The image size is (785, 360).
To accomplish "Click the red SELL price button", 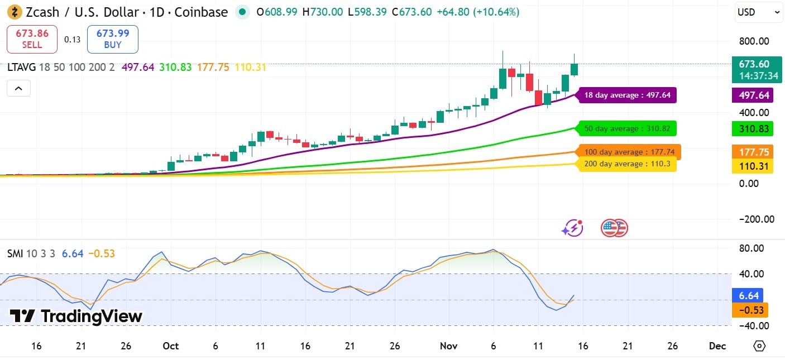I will pyautogui.click(x=32, y=39).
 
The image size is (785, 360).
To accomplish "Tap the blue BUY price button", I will pyautogui.click(x=112, y=39).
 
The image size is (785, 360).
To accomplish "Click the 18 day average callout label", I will pyautogui.click(x=627, y=95).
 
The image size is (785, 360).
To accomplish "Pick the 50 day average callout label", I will pyautogui.click(x=627, y=129).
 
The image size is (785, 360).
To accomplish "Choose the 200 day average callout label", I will pyautogui.click(x=627, y=164).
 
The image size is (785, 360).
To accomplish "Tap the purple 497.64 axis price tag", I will pyautogui.click(x=753, y=95).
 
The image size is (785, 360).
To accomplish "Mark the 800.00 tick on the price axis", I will pyautogui.click(x=753, y=41).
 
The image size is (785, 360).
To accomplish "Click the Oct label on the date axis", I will pyautogui.click(x=171, y=346).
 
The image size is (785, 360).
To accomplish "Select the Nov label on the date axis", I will pyautogui.click(x=449, y=346).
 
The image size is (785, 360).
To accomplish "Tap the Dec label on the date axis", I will pyautogui.click(x=717, y=346).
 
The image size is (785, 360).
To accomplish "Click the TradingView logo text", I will pyautogui.click(x=76, y=316).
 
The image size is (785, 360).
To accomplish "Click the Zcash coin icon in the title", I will pyautogui.click(x=14, y=12).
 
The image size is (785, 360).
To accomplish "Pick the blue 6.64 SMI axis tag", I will pyautogui.click(x=748, y=295).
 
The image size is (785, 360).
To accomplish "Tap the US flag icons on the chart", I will pyautogui.click(x=614, y=228).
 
